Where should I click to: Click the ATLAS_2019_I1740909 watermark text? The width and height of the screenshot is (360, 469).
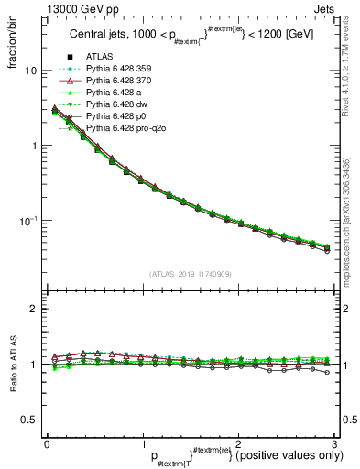(x=190, y=274)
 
